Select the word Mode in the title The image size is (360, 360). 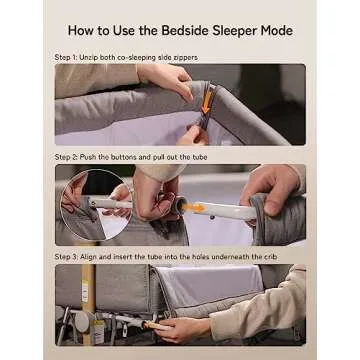[277, 31]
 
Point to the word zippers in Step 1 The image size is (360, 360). [186, 58]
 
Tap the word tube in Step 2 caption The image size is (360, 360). [200, 157]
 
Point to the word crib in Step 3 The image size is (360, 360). [270, 257]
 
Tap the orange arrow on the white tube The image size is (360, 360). [193, 207]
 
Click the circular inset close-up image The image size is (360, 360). [96, 205]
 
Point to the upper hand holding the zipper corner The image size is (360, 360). [166, 79]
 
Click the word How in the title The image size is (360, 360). [80, 31]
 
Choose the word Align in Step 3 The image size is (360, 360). [89, 258]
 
